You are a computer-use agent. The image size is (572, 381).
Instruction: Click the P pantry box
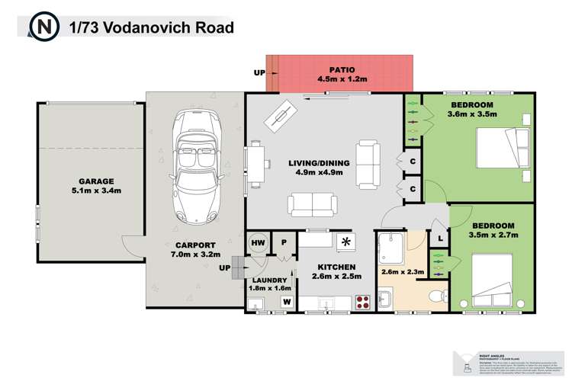click(282, 242)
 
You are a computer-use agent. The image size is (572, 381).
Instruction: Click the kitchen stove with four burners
click(363, 302)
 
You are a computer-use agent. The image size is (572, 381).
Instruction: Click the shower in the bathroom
click(392, 249)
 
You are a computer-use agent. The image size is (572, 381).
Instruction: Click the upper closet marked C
click(413, 162)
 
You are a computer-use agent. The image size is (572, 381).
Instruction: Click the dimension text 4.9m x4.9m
click(319, 173)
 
